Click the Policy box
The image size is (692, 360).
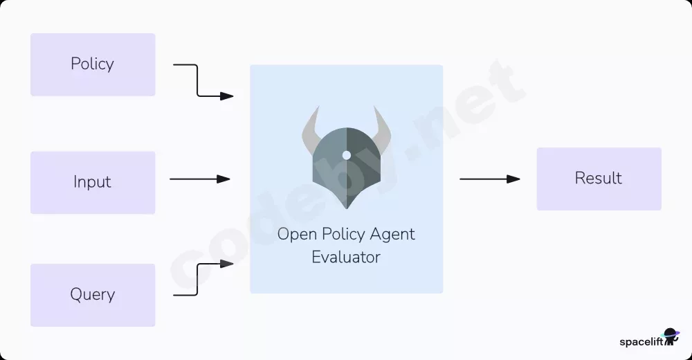pos(93,64)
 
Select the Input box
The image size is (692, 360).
pos(93,183)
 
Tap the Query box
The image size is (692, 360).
pos(93,295)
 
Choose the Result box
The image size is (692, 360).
pos(599,179)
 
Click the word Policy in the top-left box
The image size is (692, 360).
pos(92,64)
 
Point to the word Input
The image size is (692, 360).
pos(92,181)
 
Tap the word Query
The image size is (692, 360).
pos(93,294)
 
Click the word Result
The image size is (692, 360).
pos(598,178)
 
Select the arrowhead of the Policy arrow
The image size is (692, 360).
pos(227,96)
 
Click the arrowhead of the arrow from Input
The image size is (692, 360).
pos(224,179)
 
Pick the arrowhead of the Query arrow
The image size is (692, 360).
pos(227,264)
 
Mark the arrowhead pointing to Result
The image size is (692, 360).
pos(513,179)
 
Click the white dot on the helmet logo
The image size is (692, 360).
pos(347,155)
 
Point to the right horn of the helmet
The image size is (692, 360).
pos(383,130)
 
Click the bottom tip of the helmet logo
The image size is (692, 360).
pos(347,208)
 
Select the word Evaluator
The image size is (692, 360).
pos(346,257)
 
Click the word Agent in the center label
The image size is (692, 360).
pos(392,235)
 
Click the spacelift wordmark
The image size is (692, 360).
pos(641,342)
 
